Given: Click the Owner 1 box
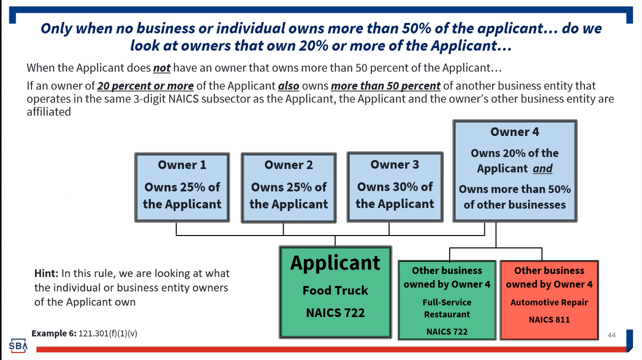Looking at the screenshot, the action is coord(182,187).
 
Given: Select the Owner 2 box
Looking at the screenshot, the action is coord(289,187).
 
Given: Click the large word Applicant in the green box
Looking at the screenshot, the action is coord(335,263).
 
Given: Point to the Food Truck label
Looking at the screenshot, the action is coord(335,290).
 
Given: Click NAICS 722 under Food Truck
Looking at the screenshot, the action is coord(335,312).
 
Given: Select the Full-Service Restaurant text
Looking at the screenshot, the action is coord(447,308).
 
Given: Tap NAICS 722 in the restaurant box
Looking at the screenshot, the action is coord(447,331).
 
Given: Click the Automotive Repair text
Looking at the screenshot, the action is coord(549,302).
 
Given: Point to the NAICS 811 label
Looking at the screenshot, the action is coord(549,320).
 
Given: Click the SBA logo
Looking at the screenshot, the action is coord(18,346).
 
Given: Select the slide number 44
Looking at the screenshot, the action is coord(611,335).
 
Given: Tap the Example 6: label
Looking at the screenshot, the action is coord(54,333).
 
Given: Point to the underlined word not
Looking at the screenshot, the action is coord(162,68).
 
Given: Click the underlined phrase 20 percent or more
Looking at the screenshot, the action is coord(145,86).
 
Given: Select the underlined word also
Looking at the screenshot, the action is coord(288,86).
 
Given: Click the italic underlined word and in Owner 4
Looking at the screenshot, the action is coord(543,168).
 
